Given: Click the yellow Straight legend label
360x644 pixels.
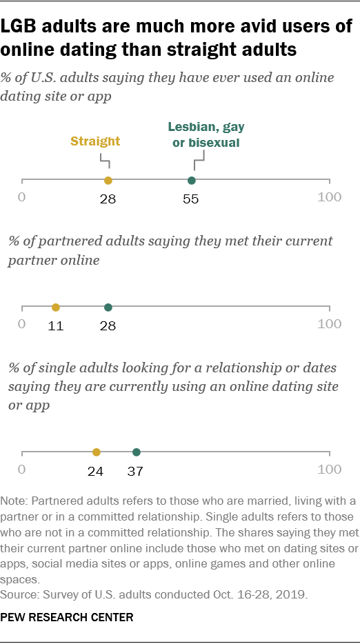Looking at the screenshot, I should pos(95,141).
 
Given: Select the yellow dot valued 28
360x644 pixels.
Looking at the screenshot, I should pos(108,181).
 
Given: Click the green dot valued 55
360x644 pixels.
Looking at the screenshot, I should pos(192,181).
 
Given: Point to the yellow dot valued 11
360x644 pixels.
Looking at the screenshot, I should pos(56,308).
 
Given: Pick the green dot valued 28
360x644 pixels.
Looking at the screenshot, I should pos(108,308).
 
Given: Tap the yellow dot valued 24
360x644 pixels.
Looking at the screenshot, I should pos(96,452).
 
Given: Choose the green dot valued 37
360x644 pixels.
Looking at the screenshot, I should pos(136,452).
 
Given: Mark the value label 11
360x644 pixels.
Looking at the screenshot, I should pos(56,325).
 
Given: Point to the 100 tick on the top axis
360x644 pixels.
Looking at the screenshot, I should pos(329,197).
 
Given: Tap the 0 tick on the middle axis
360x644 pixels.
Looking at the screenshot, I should pos(22,324).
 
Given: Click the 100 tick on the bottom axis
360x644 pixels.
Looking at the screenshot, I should pos(329,470).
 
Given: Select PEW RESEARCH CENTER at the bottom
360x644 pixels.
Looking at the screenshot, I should pos(68,618).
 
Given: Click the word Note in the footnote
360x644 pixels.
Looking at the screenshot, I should pos(15,499).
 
